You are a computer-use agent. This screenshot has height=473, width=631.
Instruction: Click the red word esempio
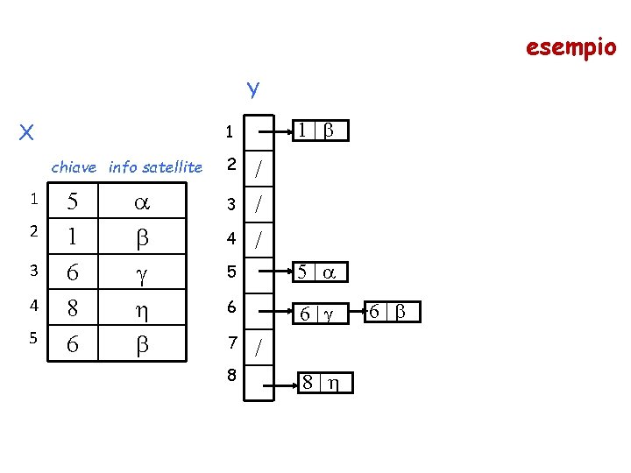(x=571, y=46)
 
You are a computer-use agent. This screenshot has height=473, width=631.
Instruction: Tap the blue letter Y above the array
(x=252, y=89)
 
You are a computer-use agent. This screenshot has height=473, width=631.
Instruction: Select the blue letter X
(x=27, y=132)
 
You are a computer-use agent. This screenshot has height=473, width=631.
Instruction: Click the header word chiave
(x=74, y=166)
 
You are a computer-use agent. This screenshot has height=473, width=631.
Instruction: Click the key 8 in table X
(x=74, y=309)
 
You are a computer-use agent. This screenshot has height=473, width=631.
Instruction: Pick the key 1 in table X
(x=74, y=237)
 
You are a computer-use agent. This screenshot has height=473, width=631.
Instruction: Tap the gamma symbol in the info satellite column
(x=140, y=274)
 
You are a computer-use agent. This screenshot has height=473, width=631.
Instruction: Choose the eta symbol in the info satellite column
(x=140, y=310)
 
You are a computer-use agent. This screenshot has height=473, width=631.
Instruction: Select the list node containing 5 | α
(x=319, y=272)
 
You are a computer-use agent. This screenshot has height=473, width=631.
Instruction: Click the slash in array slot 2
(x=258, y=170)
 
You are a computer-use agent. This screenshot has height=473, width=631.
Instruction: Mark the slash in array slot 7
(x=258, y=349)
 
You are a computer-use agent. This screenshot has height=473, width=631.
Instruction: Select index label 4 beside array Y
(x=231, y=237)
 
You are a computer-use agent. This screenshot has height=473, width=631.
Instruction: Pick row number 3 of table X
(x=32, y=271)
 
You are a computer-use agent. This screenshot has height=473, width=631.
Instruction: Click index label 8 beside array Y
(x=231, y=375)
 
